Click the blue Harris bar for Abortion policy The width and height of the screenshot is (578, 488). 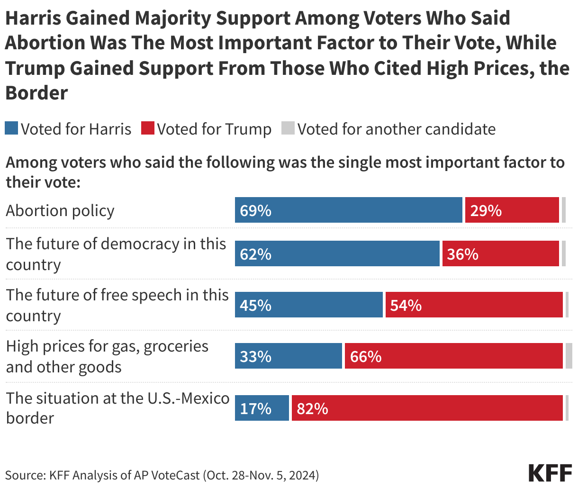pyautogui.click(x=348, y=210)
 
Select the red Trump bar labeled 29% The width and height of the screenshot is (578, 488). pyautogui.click(x=512, y=210)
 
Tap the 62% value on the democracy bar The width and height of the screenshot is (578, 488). pyautogui.click(x=256, y=254)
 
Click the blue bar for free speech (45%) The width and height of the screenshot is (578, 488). pyautogui.click(x=308, y=305)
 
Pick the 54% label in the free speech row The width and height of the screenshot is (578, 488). pyautogui.click(x=406, y=306)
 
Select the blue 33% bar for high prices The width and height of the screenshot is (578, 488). pyautogui.click(x=288, y=356)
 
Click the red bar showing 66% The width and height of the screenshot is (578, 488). pyautogui.click(x=453, y=356)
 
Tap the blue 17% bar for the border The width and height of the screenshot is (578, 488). pyautogui.click(x=262, y=408)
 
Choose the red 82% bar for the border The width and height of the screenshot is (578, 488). pyautogui.click(x=427, y=408)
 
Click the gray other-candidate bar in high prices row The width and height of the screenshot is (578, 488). pyautogui.click(x=569, y=356)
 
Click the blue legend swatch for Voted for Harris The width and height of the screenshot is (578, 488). pyautogui.click(x=11, y=128)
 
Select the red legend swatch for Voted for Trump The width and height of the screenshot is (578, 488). pyautogui.click(x=148, y=128)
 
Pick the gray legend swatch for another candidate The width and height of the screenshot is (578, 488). pyautogui.click(x=288, y=128)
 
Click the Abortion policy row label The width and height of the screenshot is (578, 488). pyautogui.click(x=60, y=211)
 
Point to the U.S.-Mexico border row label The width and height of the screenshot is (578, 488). pyautogui.click(x=117, y=407)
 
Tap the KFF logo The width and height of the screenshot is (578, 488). pyautogui.click(x=550, y=473)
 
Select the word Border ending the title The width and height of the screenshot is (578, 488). pyautogui.click(x=36, y=93)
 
